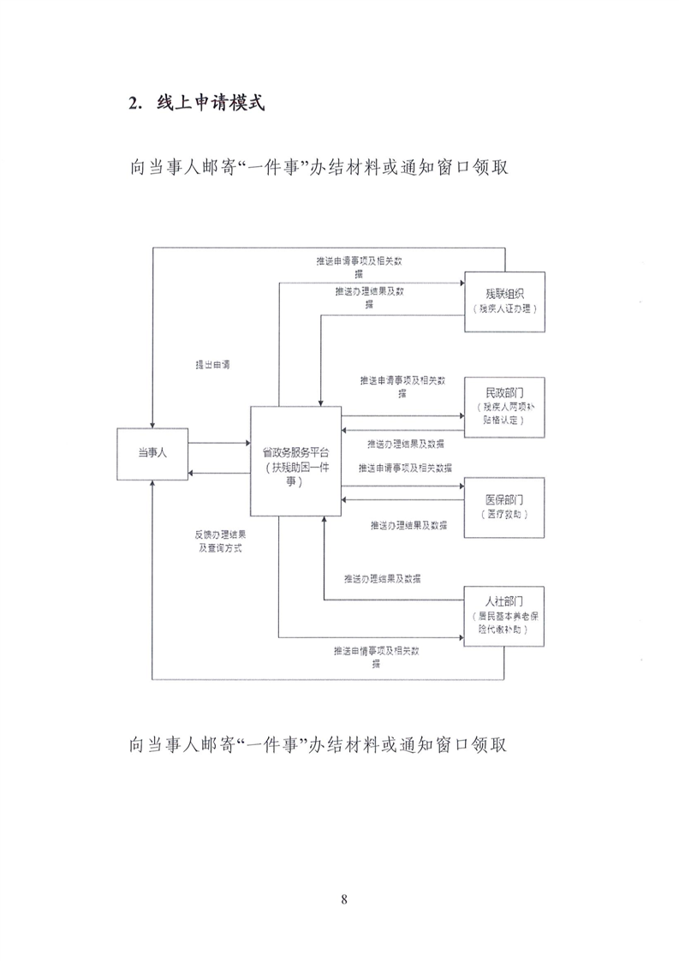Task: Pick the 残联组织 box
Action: click(x=505, y=301)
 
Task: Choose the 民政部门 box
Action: click(x=505, y=406)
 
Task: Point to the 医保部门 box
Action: click(x=505, y=506)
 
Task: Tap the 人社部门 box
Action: click(x=505, y=615)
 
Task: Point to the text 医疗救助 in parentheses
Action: click(x=505, y=515)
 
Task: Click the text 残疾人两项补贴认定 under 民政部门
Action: click(x=505, y=415)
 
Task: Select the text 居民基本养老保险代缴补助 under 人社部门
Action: click(x=505, y=623)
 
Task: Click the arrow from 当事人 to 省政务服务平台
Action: click(x=218, y=443)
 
